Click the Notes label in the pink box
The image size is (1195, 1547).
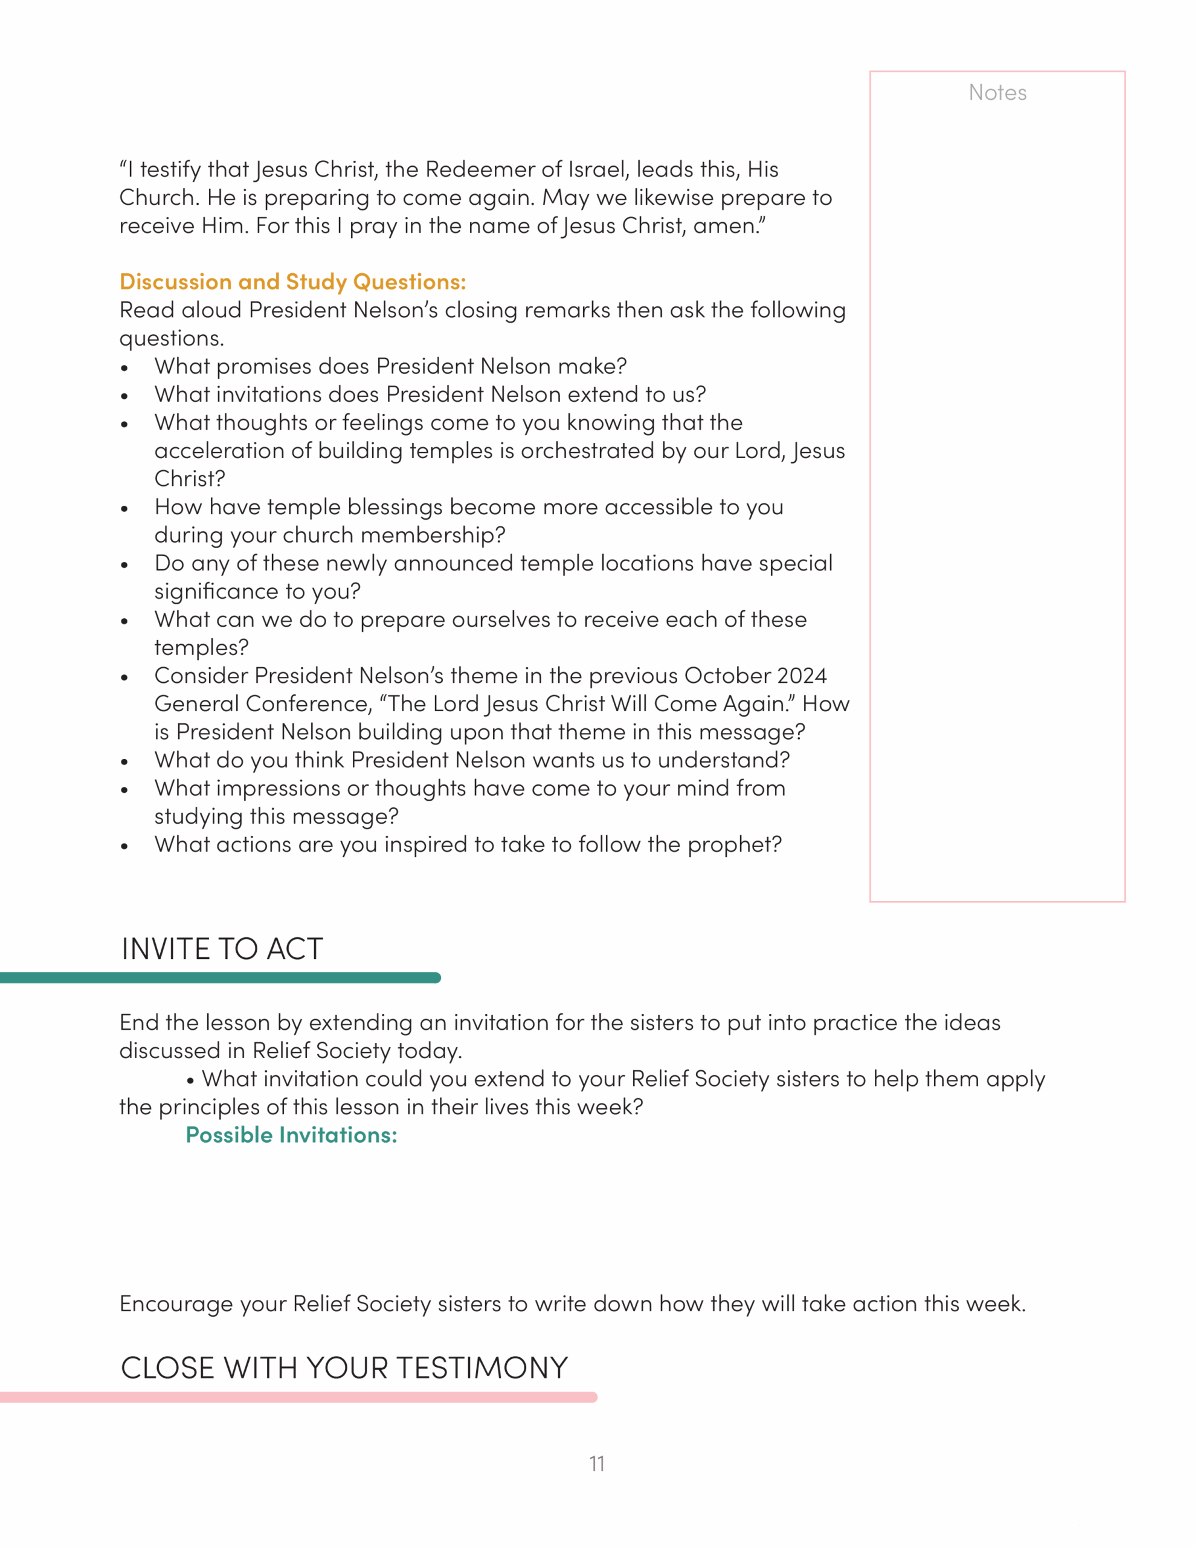click(997, 93)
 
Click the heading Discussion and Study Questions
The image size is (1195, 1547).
click(292, 282)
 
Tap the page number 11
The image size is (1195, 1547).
click(596, 1464)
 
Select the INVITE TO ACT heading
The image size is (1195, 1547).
click(222, 949)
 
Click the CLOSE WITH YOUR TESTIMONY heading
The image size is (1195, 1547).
click(344, 1368)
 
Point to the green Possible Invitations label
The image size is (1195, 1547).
click(291, 1135)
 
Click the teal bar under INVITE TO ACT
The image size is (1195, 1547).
click(219, 978)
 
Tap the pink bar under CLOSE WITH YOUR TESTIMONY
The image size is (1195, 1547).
click(297, 1397)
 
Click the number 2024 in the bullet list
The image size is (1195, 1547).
click(801, 676)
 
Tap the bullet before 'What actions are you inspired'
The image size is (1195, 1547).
click(124, 847)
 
